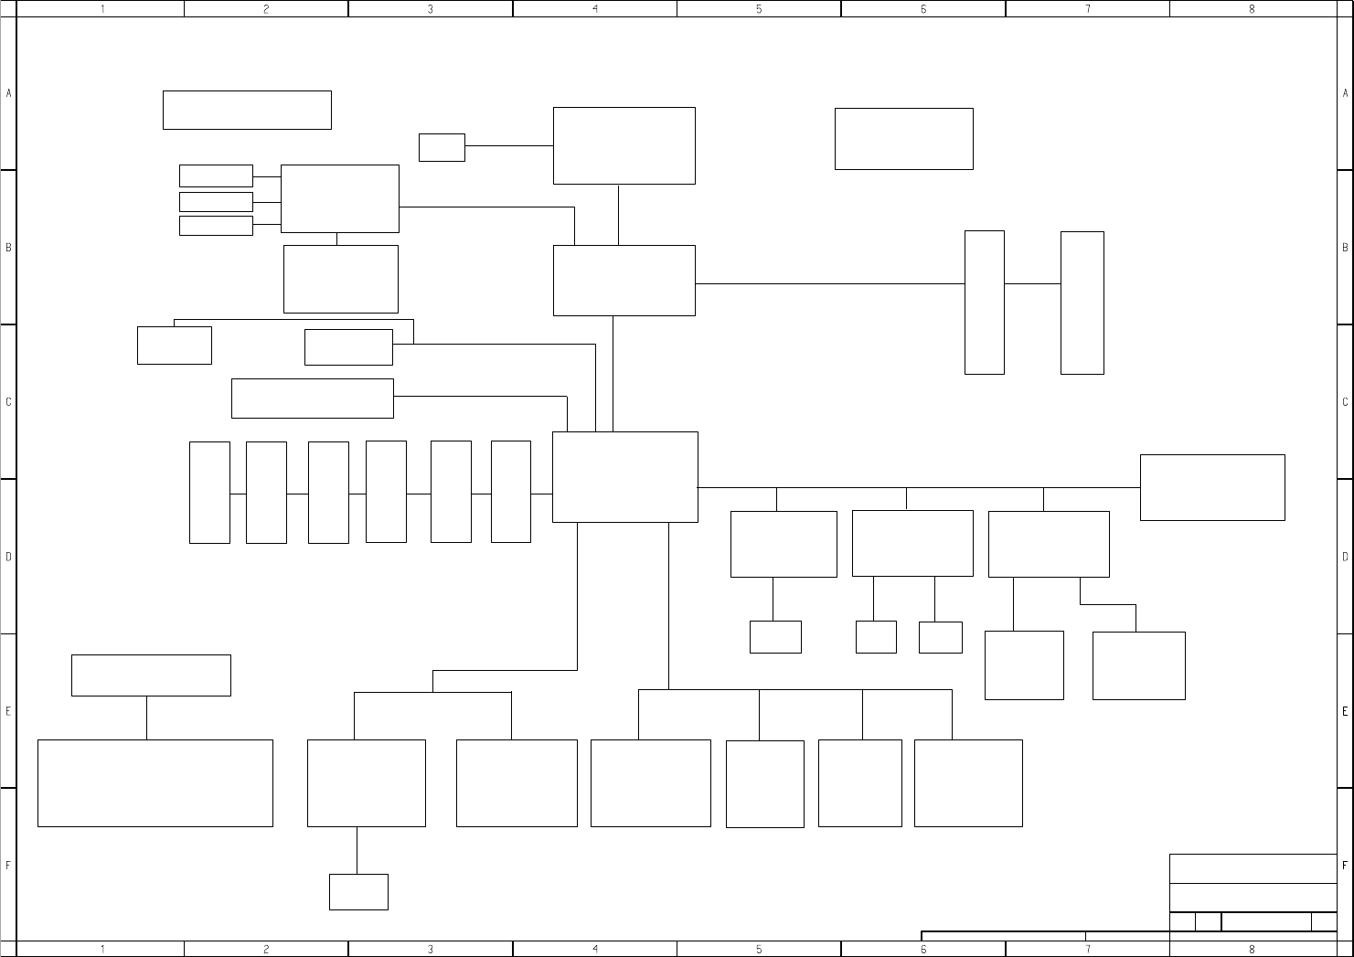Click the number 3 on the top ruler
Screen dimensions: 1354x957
point(430,9)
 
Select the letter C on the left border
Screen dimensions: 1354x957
point(8,402)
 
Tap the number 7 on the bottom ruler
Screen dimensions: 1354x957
point(1087,950)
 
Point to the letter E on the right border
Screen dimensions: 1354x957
point(1346,711)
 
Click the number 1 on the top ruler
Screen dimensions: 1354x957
point(102,9)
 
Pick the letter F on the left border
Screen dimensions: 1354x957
point(8,865)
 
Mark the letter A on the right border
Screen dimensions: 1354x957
point(1346,93)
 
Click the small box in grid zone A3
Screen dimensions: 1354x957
point(442,147)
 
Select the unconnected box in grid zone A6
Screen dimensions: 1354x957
point(903,139)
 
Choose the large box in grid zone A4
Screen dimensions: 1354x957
point(624,145)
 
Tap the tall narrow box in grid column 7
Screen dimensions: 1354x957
point(1082,303)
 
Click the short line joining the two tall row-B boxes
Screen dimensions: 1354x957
point(1032,283)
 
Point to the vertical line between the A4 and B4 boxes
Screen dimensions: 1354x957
point(618,215)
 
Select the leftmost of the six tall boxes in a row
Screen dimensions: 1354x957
point(209,493)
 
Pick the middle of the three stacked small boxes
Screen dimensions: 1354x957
point(216,202)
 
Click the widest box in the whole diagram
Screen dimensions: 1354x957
point(155,783)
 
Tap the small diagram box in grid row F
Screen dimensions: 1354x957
point(358,892)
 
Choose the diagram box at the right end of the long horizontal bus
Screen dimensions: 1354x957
point(1212,487)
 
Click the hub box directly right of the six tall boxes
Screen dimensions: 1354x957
point(624,477)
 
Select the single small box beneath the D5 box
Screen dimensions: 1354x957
point(775,637)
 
